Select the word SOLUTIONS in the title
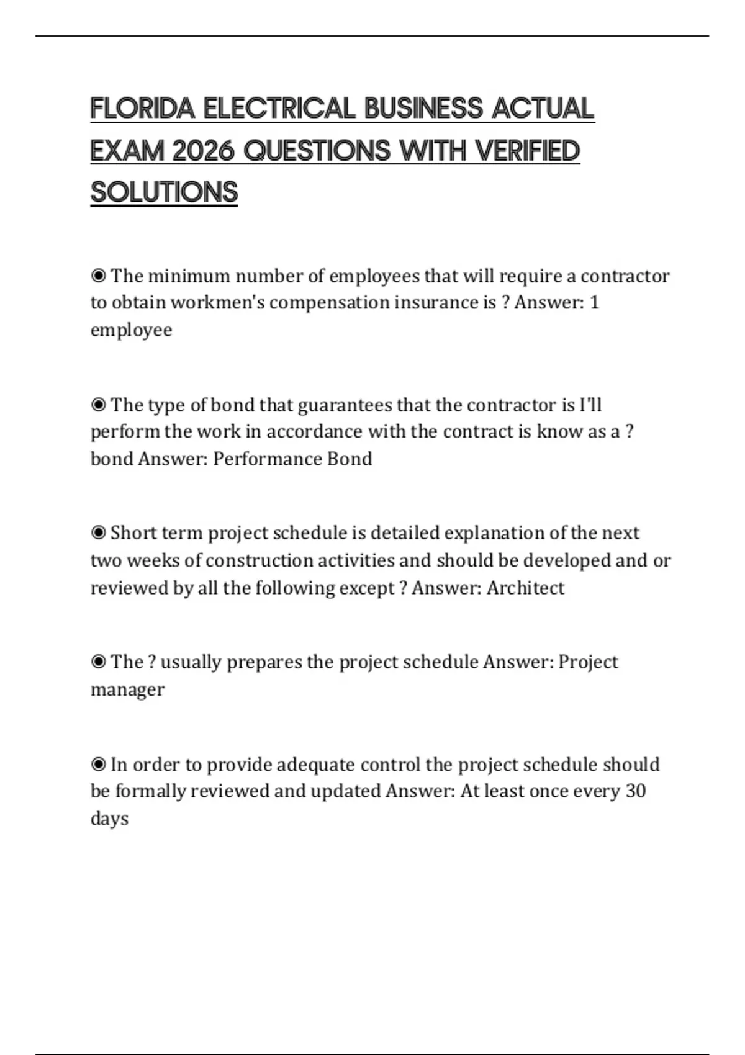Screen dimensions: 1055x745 click(x=164, y=192)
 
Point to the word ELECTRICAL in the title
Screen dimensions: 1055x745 click(x=279, y=109)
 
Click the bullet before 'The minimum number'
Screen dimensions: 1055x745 click(x=98, y=276)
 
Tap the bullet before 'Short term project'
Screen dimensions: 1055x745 click(x=98, y=533)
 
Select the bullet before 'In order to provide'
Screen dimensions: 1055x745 click(x=98, y=765)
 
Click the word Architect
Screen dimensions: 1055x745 click(x=525, y=588)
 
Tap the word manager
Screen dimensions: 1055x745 click(x=127, y=689)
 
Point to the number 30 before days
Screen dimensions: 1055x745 click(x=635, y=791)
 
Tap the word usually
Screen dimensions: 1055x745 click(x=191, y=662)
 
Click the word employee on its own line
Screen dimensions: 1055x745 click(x=131, y=330)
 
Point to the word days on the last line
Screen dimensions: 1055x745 click(x=109, y=819)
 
